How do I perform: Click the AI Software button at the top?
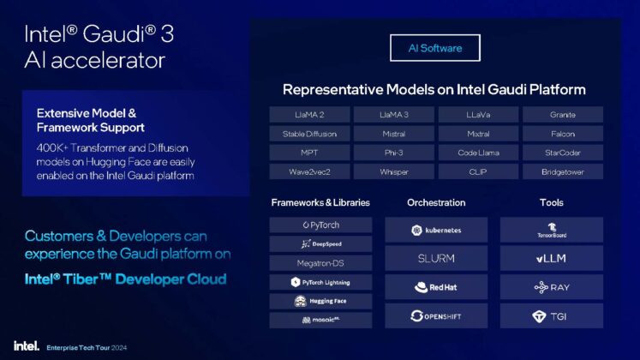point(434,49)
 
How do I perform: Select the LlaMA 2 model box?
point(308,115)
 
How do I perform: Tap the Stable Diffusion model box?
point(308,134)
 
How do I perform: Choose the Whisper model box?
point(393,171)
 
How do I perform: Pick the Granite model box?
point(562,115)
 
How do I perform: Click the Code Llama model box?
point(478,153)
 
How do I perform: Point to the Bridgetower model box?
point(562,171)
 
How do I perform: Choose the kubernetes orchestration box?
point(436,230)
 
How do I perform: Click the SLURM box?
point(436,258)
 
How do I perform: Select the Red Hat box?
point(436,287)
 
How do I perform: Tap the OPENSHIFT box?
point(436,315)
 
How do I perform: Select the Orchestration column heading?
point(436,203)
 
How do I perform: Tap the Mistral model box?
point(393,134)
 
